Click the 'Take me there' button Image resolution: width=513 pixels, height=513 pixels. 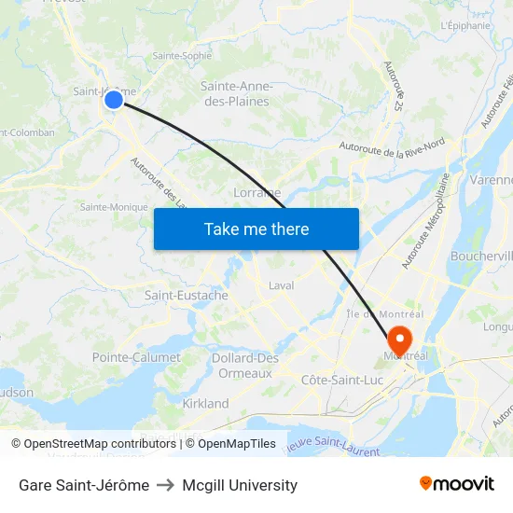point(256,229)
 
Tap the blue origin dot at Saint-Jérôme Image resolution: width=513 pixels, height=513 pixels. point(113,99)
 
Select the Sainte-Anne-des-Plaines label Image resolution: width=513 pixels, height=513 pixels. point(235,93)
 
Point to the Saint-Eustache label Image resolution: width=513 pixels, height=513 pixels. point(186,296)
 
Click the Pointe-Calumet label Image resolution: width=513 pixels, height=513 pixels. point(136,357)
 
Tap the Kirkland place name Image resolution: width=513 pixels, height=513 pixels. point(205,404)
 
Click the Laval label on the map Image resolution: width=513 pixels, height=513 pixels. point(281,285)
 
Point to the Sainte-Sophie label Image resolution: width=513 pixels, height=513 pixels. point(182,55)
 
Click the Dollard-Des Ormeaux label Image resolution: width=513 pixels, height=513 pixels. point(245,366)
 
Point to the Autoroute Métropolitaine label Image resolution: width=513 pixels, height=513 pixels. point(425,221)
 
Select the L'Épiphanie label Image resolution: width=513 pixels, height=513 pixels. point(464,25)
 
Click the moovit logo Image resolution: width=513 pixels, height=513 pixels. point(456,483)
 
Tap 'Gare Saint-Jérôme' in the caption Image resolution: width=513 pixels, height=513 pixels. point(84,485)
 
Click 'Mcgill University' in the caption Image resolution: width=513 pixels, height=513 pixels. point(240,485)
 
